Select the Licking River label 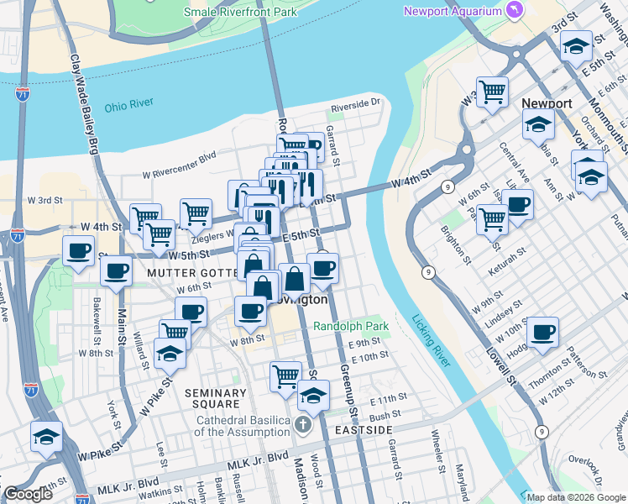coord(432,339)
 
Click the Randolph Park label coord(352,325)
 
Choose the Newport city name coord(547,103)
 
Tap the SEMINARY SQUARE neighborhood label coord(216,400)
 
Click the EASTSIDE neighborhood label coord(364,429)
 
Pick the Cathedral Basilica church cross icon coord(302,425)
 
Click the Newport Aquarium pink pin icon coord(515,10)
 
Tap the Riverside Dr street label coord(355,107)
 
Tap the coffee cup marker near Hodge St coord(542,331)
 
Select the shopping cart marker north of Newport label coord(492,91)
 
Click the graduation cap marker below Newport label coord(537,125)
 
